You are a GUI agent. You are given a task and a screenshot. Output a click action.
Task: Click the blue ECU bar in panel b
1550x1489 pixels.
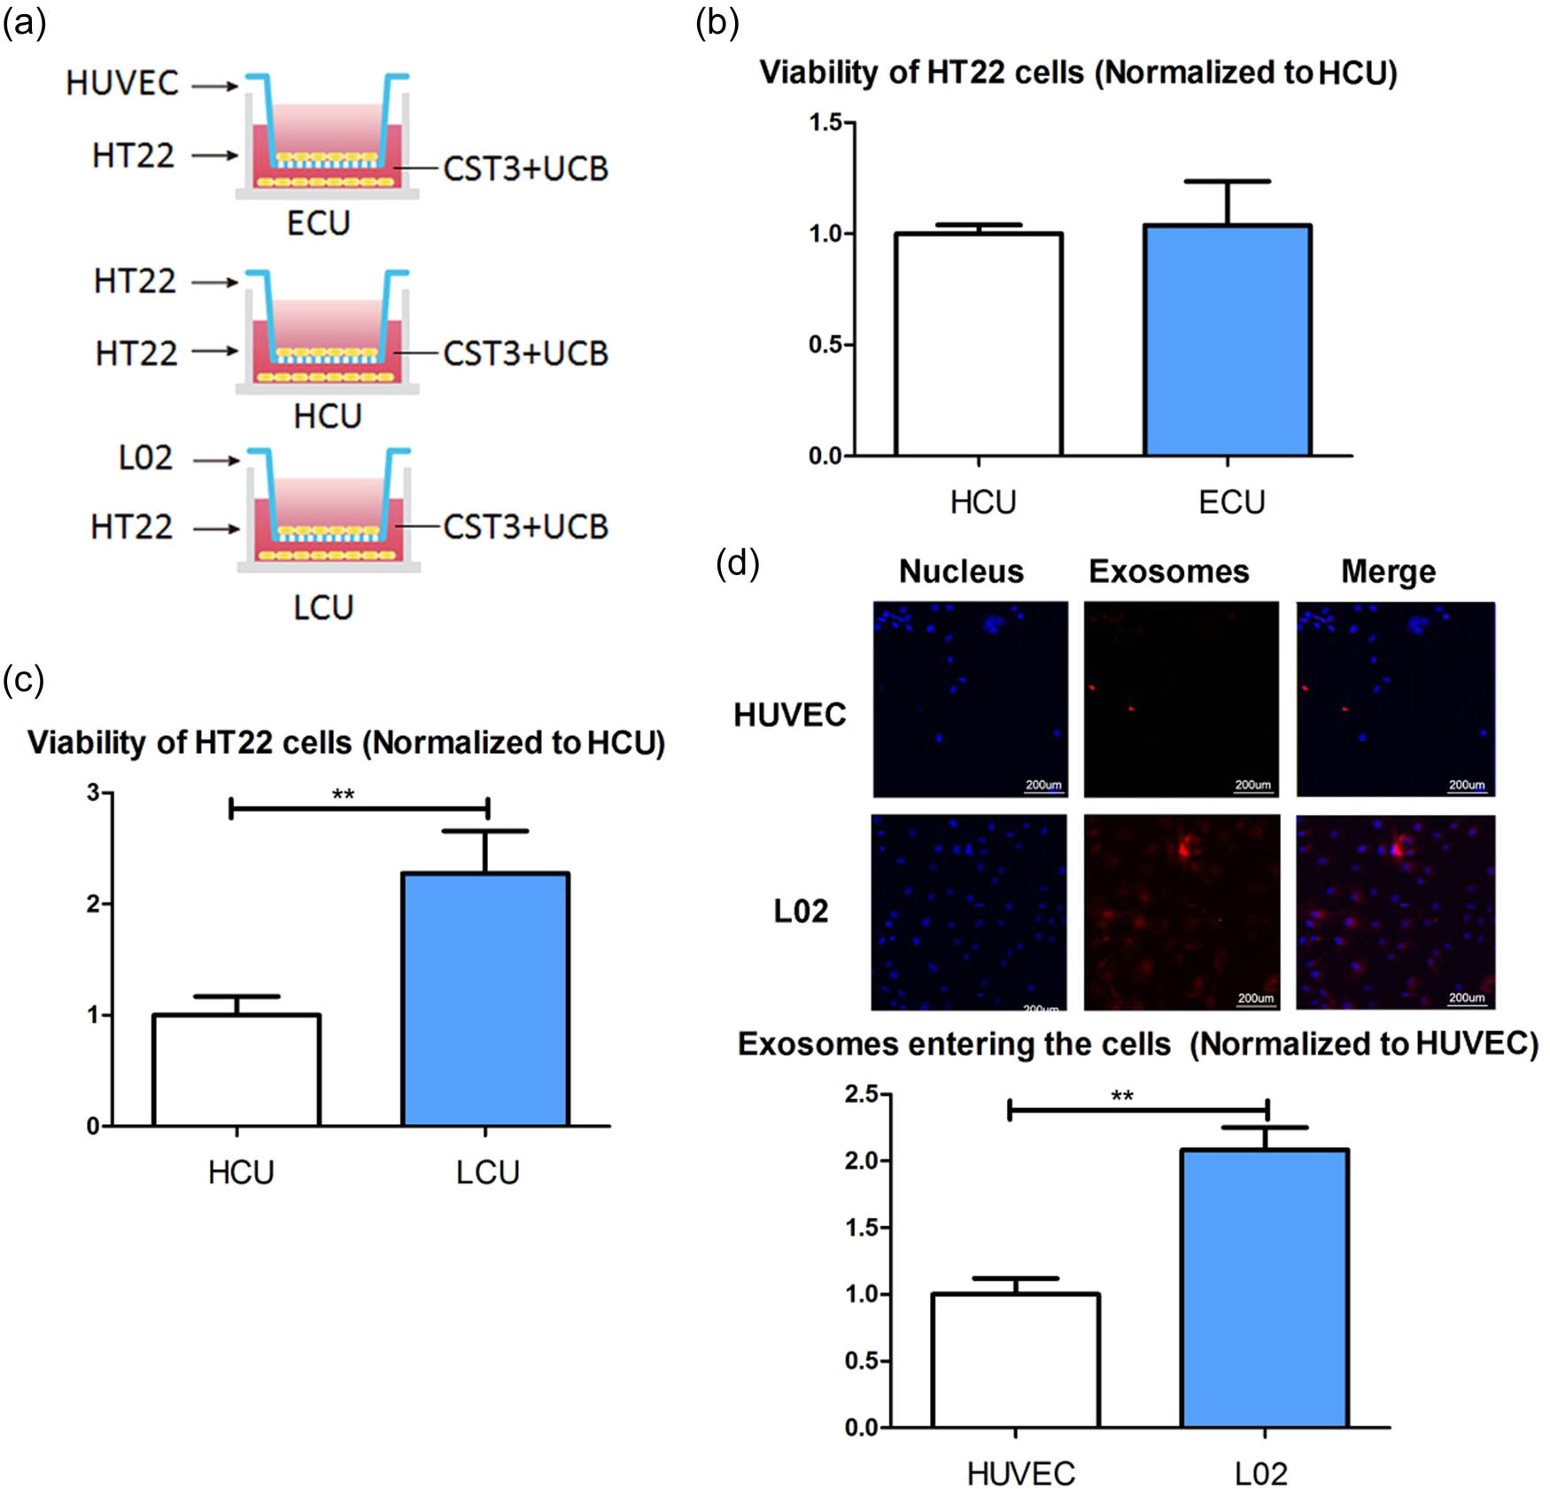click(1227, 341)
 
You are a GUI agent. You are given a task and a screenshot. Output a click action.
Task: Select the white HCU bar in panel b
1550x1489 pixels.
click(978, 345)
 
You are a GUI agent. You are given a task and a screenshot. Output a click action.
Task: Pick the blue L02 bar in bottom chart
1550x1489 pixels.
click(1265, 1288)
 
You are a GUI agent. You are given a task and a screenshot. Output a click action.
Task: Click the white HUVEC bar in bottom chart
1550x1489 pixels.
click(1015, 1360)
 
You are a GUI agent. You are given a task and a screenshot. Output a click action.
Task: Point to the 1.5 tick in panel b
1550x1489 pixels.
click(825, 122)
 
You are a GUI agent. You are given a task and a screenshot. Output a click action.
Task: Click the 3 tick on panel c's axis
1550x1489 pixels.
click(94, 792)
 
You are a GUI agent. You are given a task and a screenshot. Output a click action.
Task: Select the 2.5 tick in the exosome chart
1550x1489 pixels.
click(861, 1094)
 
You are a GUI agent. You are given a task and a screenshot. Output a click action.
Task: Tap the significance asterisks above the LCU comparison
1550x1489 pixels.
click(343, 795)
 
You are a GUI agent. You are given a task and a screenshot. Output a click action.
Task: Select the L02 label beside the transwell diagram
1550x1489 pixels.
click(145, 458)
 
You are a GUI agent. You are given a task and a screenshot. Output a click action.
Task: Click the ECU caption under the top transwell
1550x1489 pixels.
click(318, 223)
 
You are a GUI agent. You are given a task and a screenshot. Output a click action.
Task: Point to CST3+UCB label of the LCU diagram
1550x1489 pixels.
click(525, 527)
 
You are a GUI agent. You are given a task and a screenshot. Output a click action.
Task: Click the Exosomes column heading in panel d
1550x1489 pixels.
click(1168, 571)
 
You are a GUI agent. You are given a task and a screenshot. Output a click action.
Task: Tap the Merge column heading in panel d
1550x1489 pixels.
click(1388, 571)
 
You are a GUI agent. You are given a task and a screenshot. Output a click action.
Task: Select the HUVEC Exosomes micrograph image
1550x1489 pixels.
click(1181, 699)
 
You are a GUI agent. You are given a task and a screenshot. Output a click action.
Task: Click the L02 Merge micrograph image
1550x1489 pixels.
click(1395, 912)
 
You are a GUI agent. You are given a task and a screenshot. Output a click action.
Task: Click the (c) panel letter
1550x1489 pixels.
click(23, 679)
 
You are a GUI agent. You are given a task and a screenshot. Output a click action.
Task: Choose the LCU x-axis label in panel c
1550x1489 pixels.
click(487, 1173)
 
